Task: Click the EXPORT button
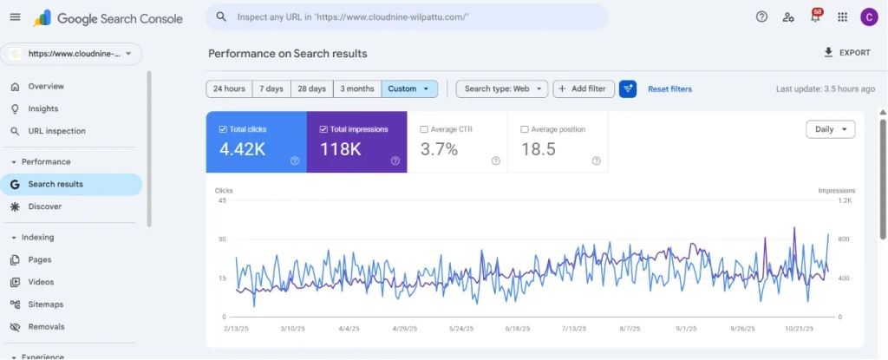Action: pos(846,53)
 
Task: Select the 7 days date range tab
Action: pos(271,89)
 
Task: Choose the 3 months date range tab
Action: pos(356,89)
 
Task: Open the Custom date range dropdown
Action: pos(409,89)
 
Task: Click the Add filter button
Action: pos(584,89)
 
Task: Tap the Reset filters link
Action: pos(670,89)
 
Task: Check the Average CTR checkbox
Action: pos(424,129)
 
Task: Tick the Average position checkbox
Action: pos(525,129)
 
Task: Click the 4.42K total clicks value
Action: pos(243,149)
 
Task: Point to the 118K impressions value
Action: pos(341,149)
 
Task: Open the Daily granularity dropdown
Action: pos(830,129)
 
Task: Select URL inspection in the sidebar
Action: pos(56,131)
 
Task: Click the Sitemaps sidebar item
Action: pos(45,304)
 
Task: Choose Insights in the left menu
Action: pos(43,108)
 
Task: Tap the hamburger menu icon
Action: pos(16,17)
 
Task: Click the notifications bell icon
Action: pos(815,17)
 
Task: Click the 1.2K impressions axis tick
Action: pos(846,200)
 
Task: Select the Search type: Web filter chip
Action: pos(502,89)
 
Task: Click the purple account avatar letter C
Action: pos(869,17)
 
